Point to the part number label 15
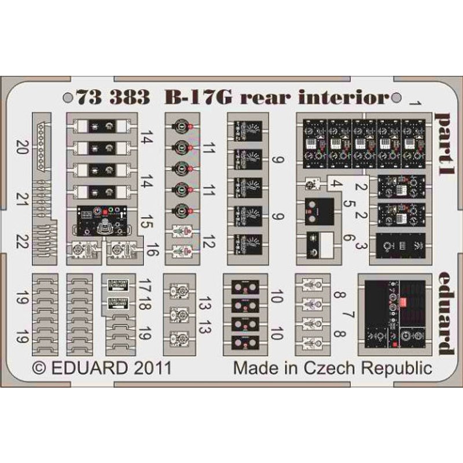point(147,221)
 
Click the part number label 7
point(348,316)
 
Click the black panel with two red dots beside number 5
point(318,211)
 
